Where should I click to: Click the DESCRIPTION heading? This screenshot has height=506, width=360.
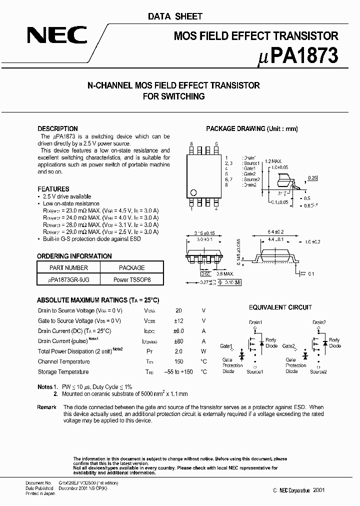point(58,128)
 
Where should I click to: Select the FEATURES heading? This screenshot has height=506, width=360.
point(53,189)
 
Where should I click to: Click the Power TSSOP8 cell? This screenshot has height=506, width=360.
point(132,280)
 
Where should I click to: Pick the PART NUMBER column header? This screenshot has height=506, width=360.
point(69,268)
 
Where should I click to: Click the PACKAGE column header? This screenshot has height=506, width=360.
point(132,268)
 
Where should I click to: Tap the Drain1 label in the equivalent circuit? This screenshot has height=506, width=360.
point(255,322)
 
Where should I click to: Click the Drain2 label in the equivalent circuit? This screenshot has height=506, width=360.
point(319,322)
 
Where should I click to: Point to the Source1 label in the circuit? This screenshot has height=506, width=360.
point(255,371)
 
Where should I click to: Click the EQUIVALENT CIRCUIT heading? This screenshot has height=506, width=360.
point(280,307)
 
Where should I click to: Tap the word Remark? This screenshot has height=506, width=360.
point(46,407)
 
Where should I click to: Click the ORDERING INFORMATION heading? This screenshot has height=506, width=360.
point(75,256)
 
